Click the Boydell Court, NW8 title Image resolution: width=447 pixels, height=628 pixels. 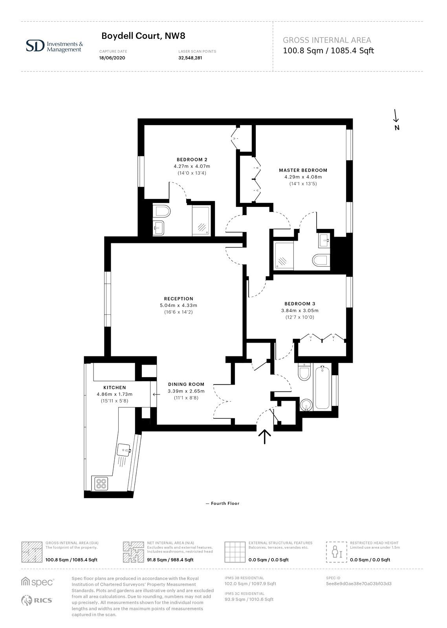[x=143, y=36]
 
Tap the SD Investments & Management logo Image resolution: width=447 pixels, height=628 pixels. [x=55, y=46]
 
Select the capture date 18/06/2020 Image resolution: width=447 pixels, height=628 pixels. [x=112, y=58]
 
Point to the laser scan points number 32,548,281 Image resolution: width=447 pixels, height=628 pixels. [x=190, y=58]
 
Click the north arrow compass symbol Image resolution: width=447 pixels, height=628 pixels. [x=396, y=119]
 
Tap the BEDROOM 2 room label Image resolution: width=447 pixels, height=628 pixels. [x=192, y=159]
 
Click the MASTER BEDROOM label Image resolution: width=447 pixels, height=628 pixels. [x=303, y=170]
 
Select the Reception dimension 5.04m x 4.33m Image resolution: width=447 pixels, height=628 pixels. [x=178, y=305]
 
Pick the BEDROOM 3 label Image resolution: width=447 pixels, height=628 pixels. [x=300, y=304]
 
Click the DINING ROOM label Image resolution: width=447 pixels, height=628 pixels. [x=186, y=384]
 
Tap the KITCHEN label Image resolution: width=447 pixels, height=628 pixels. [x=114, y=387]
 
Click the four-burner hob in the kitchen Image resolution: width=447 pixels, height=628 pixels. [x=101, y=484]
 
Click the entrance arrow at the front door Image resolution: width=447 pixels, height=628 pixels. [x=265, y=437]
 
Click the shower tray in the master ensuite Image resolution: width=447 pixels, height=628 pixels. [x=284, y=255]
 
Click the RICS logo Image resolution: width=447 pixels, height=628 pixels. [x=37, y=600]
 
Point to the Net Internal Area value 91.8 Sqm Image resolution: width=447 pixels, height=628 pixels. [x=157, y=560]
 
